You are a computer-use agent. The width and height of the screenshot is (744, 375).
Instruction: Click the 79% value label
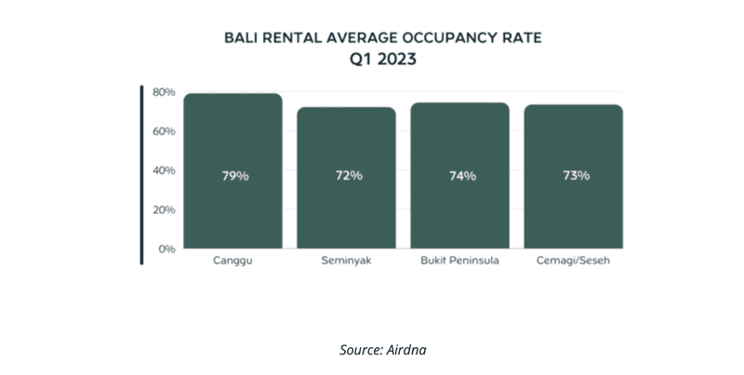click(234, 176)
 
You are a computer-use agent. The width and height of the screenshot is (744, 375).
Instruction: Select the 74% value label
click(462, 176)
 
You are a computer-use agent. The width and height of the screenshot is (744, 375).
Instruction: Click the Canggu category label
click(233, 261)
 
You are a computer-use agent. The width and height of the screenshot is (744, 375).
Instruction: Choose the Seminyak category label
click(347, 261)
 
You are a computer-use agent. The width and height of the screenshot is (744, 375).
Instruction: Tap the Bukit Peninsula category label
click(461, 261)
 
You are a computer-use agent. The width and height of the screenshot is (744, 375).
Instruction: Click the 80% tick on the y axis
click(164, 92)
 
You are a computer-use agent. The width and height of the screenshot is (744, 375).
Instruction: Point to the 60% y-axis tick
click(164, 131)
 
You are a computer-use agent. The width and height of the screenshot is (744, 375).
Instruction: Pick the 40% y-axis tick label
click(164, 170)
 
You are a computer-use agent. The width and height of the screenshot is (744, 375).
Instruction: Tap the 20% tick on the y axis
click(164, 209)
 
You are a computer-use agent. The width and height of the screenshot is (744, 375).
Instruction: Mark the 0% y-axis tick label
click(166, 249)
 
